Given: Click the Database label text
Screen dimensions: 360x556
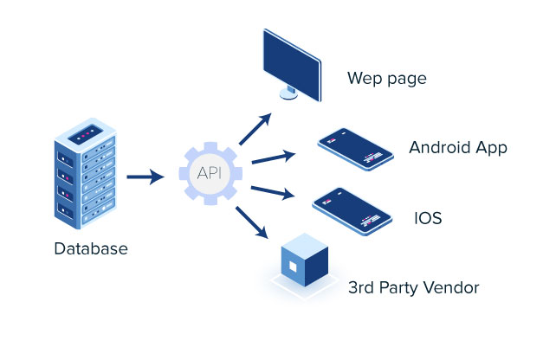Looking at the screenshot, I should pos(91,249).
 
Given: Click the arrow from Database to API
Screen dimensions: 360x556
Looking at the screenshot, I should pos(145,177).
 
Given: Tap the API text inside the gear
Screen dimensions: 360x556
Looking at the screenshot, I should pos(209,173).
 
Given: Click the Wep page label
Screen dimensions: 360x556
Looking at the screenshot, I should pos(387,80).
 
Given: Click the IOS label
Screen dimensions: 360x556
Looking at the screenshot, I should pos(428,218).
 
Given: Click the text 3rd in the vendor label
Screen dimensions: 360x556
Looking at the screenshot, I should pos(362,287).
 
